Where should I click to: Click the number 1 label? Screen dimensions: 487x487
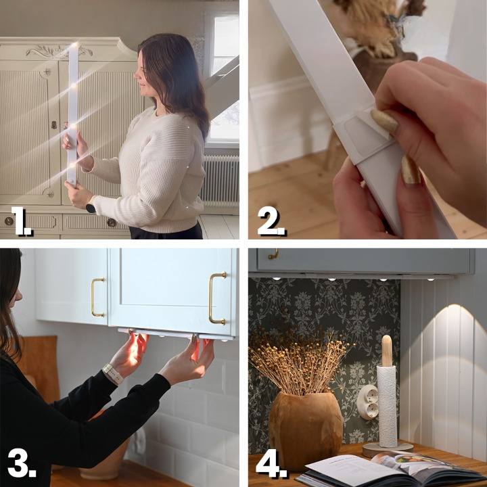(x=21, y=221)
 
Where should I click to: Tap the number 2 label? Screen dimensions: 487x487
(x=271, y=221)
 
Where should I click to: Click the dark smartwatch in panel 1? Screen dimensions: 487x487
(x=91, y=208)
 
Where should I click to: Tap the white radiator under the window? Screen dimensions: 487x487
(x=220, y=181)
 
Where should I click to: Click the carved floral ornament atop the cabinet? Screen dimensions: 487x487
(x=58, y=51)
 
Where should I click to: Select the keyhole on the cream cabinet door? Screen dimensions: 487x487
(x=54, y=125)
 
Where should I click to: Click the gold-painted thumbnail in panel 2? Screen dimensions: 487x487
(x=385, y=122)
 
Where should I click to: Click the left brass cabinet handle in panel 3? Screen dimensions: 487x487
(x=97, y=298)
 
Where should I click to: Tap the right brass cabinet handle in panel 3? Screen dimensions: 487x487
(x=217, y=298)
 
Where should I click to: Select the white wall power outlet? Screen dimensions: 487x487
(x=368, y=402)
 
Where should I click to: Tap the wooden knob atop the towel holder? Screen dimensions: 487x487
(x=387, y=350)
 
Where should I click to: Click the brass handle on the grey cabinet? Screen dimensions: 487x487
(x=273, y=254)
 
